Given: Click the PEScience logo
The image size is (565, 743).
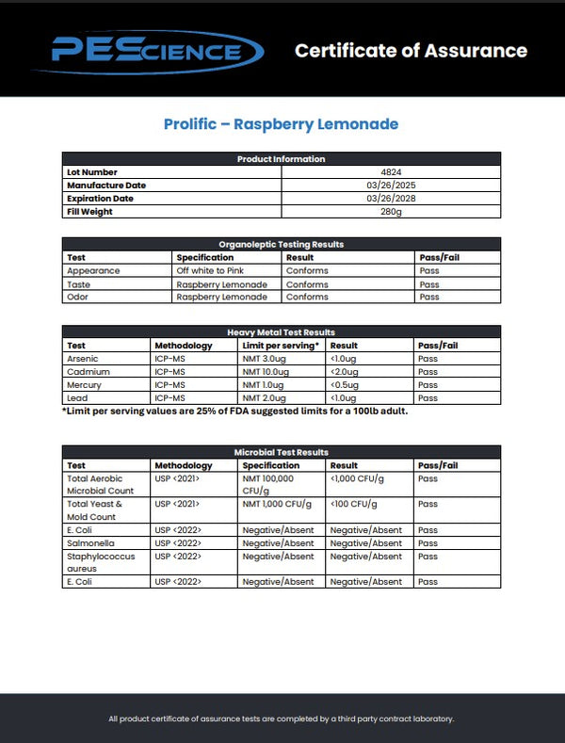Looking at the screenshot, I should pyautogui.click(x=146, y=51).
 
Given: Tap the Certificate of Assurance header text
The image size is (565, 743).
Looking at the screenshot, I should pyautogui.click(x=411, y=51).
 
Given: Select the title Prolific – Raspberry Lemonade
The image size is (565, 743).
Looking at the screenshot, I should pyautogui.click(x=281, y=124).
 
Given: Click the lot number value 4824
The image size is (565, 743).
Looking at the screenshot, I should pyautogui.click(x=391, y=172).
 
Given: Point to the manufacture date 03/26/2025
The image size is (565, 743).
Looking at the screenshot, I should pyautogui.click(x=391, y=186).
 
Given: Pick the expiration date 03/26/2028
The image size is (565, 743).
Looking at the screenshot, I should pyautogui.click(x=391, y=199).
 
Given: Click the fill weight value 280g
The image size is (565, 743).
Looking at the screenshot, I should pyautogui.click(x=391, y=212).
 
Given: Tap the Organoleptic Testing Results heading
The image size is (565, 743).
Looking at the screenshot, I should pyautogui.click(x=282, y=244).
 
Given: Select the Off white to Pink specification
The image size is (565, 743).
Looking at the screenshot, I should pyautogui.click(x=211, y=271).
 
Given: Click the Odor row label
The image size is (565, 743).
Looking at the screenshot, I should pyautogui.click(x=77, y=298).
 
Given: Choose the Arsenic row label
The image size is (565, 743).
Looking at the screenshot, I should pyautogui.click(x=82, y=359).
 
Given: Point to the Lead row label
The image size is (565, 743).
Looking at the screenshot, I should pyautogui.click(x=76, y=398).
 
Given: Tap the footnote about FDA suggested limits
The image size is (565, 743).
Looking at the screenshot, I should pyautogui.click(x=235, y=411).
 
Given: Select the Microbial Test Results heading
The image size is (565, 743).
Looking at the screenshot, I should pyautogui.click(x=282, y=453).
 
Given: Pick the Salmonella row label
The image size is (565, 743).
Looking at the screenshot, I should pyautogui.click(x=88, y=543).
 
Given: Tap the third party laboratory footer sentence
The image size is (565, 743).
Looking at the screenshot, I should pyautogui.click(x=282, y=719).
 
